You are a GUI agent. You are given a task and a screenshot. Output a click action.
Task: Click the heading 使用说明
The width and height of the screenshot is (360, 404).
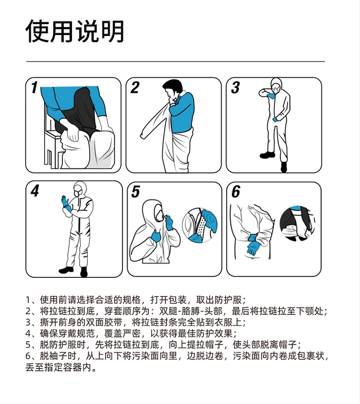pos(75,31)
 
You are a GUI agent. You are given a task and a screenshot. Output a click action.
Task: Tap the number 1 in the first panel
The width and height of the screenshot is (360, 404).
pos(35,87)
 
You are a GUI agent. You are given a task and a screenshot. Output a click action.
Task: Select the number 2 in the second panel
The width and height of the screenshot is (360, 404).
pos(135,87)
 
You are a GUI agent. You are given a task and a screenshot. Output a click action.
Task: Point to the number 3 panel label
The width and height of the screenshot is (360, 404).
pos(235,87)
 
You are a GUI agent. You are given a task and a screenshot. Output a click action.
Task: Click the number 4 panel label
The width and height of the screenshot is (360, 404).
pos(35,191)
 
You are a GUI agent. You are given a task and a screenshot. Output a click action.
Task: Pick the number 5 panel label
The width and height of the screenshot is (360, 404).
pos(135,192)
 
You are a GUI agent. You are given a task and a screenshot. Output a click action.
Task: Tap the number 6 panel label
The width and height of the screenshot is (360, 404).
pos(236,192)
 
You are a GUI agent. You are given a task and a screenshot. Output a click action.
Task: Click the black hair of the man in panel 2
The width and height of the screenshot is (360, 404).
pos(173,86)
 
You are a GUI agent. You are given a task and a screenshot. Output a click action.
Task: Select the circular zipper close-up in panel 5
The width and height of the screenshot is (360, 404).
pos(200,225)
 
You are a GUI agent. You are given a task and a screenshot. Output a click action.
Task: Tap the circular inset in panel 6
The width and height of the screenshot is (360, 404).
pos(297,224)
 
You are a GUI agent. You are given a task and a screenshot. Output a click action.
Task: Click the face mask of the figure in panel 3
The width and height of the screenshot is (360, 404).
pos(276,89)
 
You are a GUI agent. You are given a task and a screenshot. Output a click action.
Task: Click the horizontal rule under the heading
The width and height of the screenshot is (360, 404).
pos(176,61)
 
